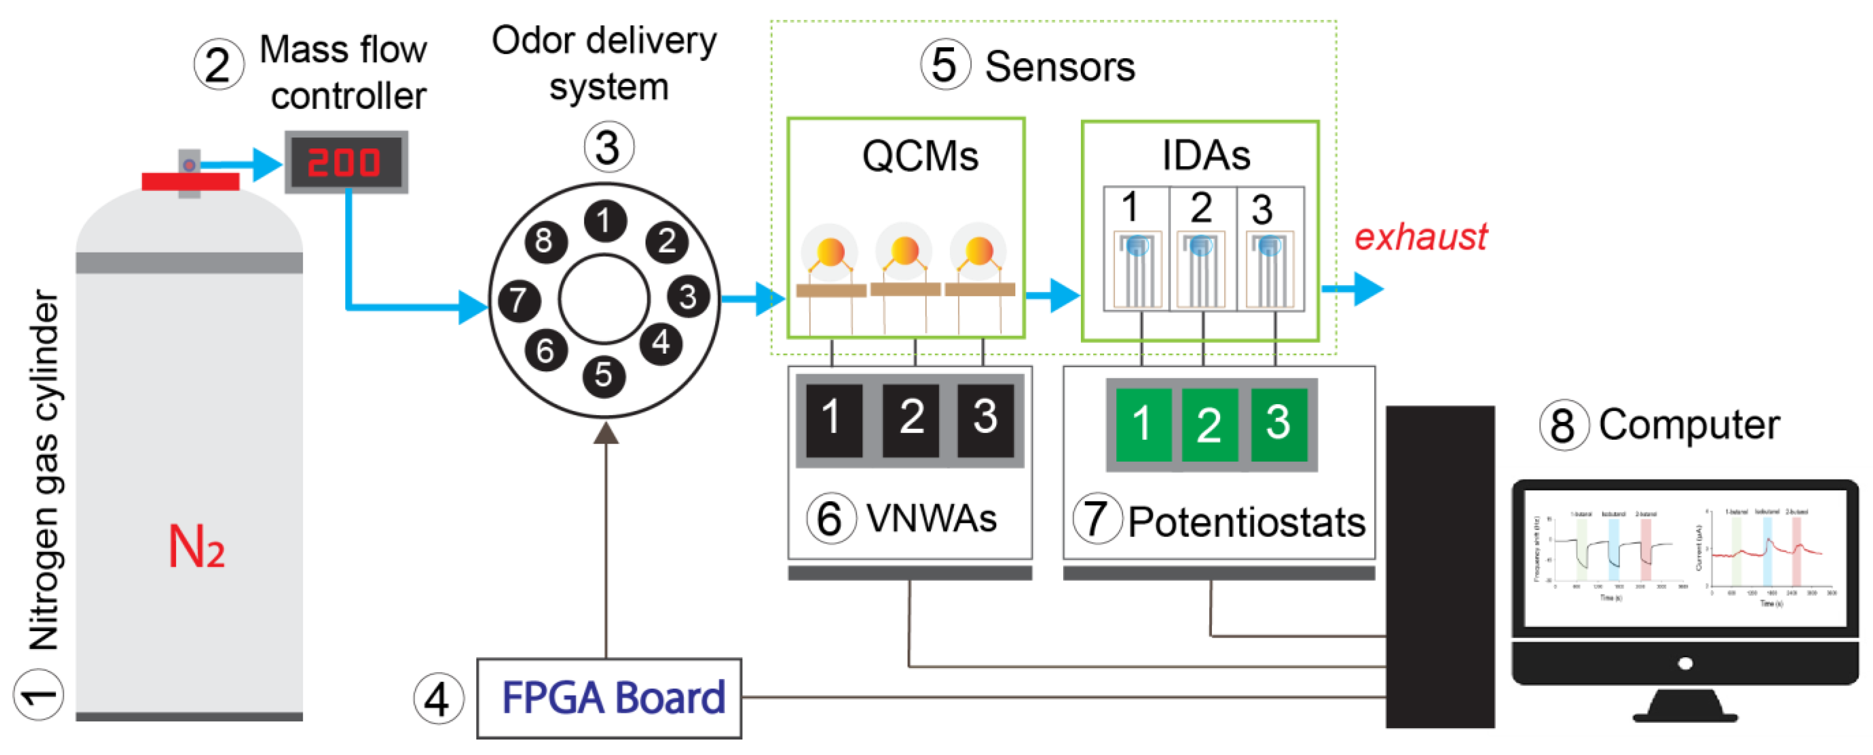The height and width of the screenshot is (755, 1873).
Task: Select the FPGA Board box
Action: click(609, 698)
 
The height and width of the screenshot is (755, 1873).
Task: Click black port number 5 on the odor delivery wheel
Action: click(603, 375)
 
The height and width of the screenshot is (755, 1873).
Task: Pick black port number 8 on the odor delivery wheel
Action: click(544, 241)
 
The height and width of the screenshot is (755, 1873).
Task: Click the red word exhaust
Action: click(1420, 237)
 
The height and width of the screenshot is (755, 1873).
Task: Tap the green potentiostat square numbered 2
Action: click(1209, 425)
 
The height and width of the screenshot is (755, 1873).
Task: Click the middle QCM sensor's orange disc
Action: click(904, 251)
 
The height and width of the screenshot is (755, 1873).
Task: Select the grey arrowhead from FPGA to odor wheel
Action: click(606, 434)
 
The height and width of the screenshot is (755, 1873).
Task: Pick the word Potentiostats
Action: click(1246, 522)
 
